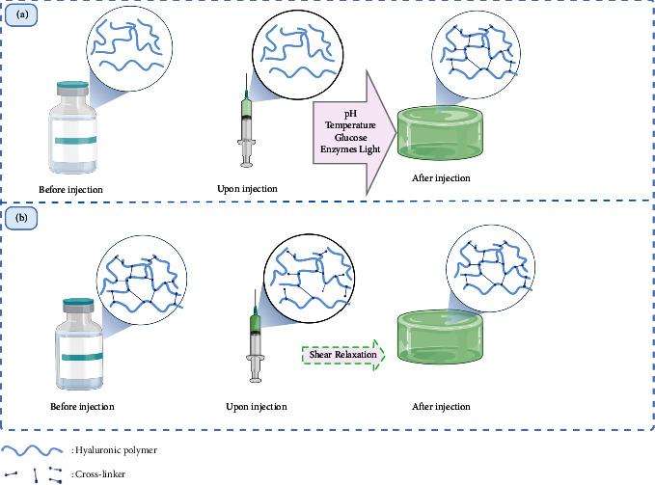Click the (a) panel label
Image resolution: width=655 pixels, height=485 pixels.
tap(21, 16)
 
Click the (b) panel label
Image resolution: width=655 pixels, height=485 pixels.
tap(21, 218)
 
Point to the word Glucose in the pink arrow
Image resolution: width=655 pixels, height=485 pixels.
tap(350, 138)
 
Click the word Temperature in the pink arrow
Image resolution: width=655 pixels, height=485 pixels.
tap(350, 125)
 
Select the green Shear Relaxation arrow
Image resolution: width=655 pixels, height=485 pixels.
tap(343, 356)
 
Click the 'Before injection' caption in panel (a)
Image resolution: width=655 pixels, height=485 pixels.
tap(70, 188)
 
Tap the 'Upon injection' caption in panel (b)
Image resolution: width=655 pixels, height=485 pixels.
tap(256, 406)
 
